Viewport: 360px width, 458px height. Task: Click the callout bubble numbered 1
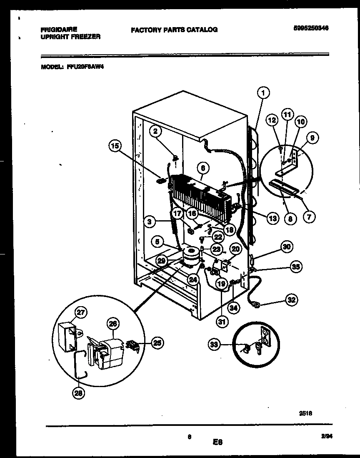pos(263,92)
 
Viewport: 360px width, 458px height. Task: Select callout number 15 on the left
pos(115,146)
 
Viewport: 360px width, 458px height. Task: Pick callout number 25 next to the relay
pos(157,343)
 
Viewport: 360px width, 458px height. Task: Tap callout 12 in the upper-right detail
pos(272,121)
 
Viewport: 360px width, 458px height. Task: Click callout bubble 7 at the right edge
pos(309,217)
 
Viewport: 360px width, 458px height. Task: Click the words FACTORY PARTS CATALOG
pos(174,30)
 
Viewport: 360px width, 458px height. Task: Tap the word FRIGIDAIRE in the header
pos(58,30)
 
